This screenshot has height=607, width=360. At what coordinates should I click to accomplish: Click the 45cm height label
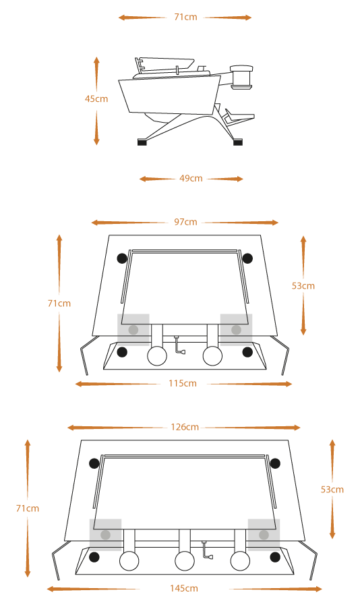[x=96, y=98]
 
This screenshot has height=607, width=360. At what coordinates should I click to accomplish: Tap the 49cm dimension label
[x=191, y=179]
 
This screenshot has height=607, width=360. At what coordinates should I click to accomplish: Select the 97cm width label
[x=185, y=222]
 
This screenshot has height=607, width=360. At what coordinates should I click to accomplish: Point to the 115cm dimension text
[x=182, y=384]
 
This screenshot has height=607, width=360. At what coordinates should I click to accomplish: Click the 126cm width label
[x=185, y=428]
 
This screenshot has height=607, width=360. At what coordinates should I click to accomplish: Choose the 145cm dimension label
[x=184, y=588]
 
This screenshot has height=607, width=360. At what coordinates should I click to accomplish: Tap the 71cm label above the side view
[x=185, y=17]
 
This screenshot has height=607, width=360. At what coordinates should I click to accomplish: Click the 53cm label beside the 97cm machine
[x=303, y=286]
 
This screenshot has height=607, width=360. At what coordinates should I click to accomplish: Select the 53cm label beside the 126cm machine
[x=332, y=490]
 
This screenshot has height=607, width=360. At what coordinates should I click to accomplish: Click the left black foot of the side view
[x=142, y=142]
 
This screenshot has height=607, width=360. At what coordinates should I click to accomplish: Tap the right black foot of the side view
[x=238, y=142]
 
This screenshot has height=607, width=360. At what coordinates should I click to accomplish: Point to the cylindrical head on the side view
[x=241, y=78]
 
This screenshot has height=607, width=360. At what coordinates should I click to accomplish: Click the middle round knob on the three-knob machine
[x=185, y=561]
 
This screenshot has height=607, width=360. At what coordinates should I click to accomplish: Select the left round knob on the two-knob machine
[x=157, y=355]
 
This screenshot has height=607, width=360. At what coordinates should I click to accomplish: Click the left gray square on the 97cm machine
[x=133, y=329]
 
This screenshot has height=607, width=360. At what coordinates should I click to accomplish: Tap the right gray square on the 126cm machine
[x=264, y=535]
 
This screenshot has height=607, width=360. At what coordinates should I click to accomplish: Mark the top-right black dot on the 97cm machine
[x=247, y=258]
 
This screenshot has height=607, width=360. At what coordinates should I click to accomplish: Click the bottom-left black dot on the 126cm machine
[x=94, y=558]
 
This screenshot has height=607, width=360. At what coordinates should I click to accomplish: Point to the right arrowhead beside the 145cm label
[x=317, y=589]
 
